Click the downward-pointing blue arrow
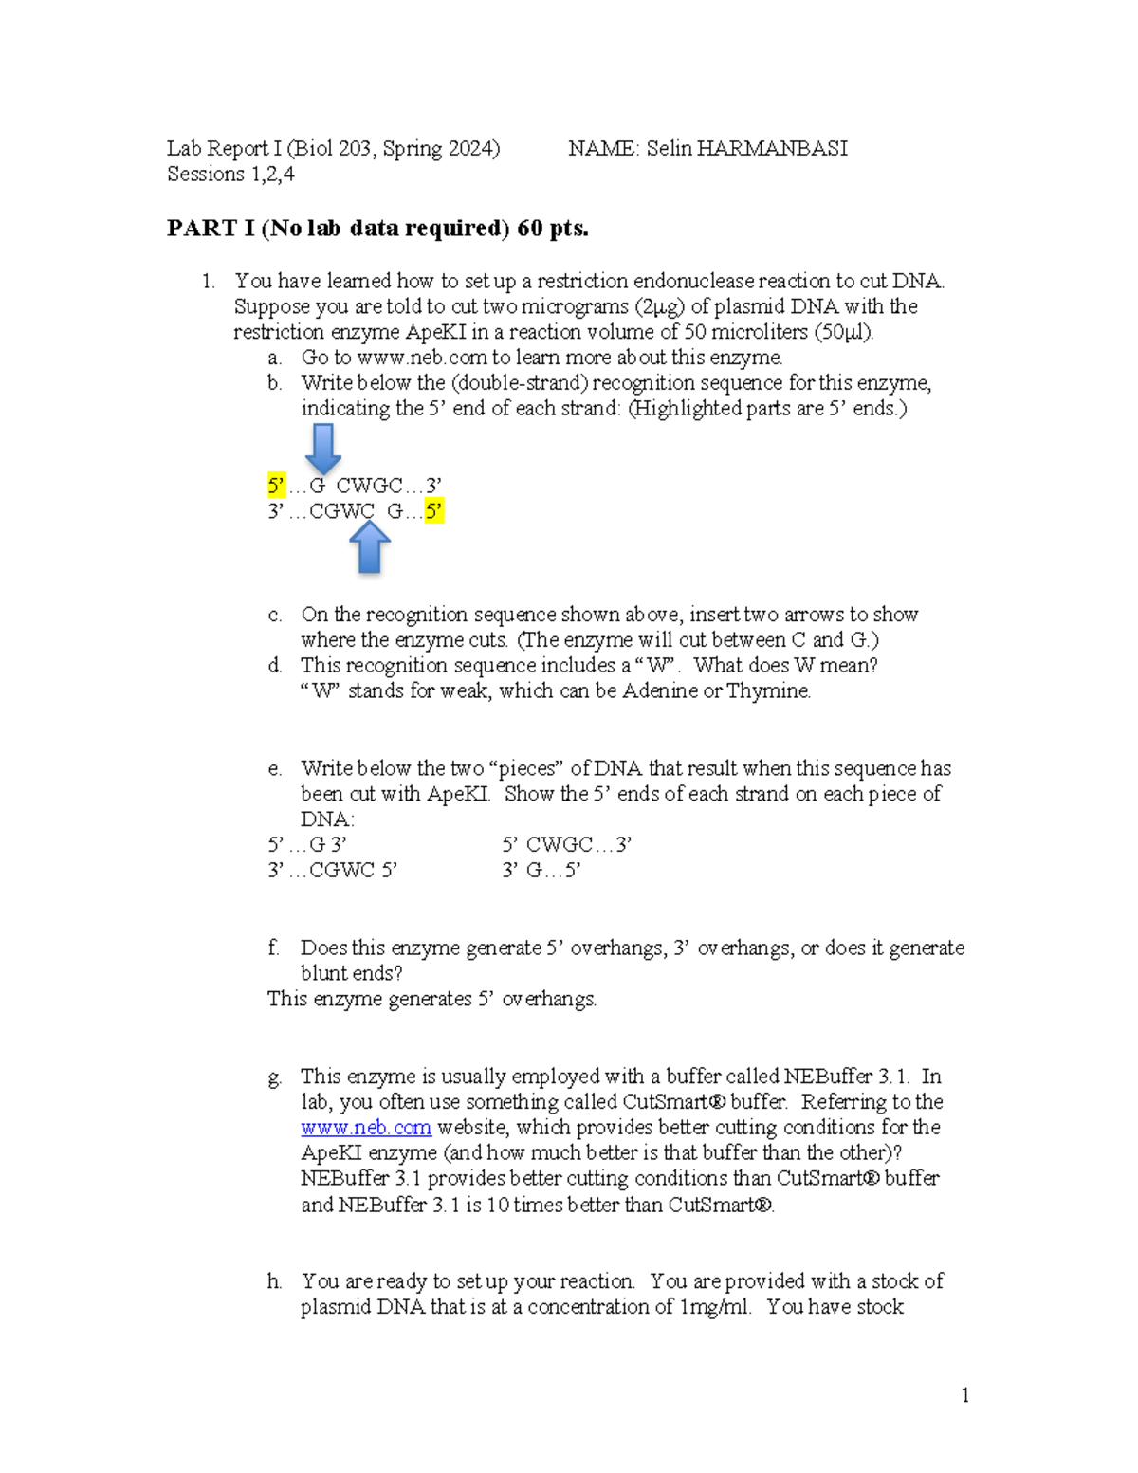click(x=323, y=449)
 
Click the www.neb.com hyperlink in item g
click(x=366, y=1128)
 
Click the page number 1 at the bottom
click(x=965, y=1395)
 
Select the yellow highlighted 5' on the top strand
click(x=276, y=487)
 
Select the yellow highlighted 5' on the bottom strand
click(x=434, y=512)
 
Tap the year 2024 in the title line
click(x=469, y=149)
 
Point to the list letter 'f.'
click(x=273, y=948)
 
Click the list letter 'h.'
click(x=274, y=1281)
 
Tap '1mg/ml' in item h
click(x=714, y=1307)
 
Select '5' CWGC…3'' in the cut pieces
click(x=567, y=845)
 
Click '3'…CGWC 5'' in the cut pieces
click(x=332, y=871)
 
